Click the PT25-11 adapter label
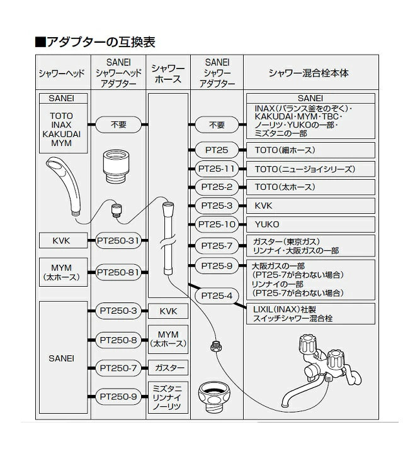217,169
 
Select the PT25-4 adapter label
217,296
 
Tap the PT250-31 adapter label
118,240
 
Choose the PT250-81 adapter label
118,272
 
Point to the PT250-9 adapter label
118,396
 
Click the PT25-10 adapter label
217,224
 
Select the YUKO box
309,224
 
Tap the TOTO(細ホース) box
309,150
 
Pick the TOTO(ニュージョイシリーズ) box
309,169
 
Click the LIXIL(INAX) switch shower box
309,314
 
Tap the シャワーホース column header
168,74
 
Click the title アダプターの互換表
94,42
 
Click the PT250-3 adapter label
118,311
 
